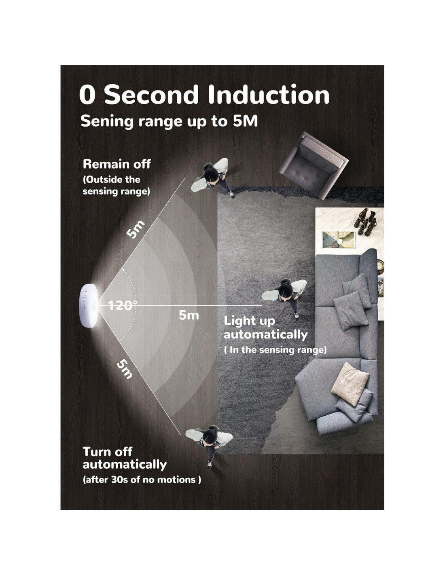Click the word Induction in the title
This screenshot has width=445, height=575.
coord(269,95)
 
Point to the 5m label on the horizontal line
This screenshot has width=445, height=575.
coord(189,315)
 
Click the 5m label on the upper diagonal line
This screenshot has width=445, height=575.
coord(135,229)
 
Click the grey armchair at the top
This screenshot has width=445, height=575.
coord(314,165)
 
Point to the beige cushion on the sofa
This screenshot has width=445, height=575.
coord(350,384)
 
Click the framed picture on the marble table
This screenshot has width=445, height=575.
coord(339,239)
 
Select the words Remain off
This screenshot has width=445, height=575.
coord(117,164)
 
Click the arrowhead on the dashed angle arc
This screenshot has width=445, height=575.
coord(123,270)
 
